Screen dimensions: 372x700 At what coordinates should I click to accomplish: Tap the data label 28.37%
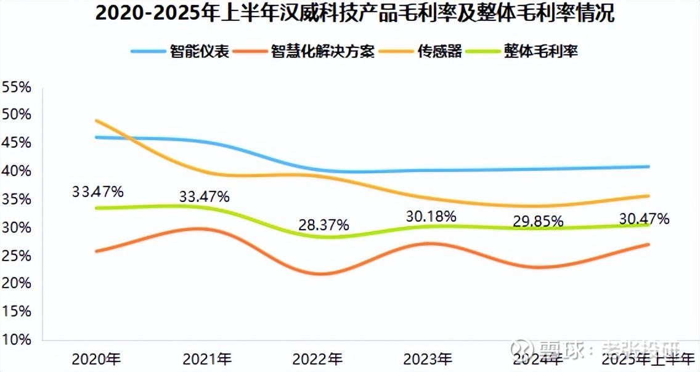[x=324, y=225]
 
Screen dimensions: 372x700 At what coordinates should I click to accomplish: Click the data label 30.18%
[x=431, y=216]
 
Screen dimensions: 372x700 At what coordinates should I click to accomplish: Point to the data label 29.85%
[x=538, y=222]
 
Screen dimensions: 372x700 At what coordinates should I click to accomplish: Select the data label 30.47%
[x=644, y=218]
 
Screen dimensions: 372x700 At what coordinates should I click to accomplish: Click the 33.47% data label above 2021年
[x=205, y=197]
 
